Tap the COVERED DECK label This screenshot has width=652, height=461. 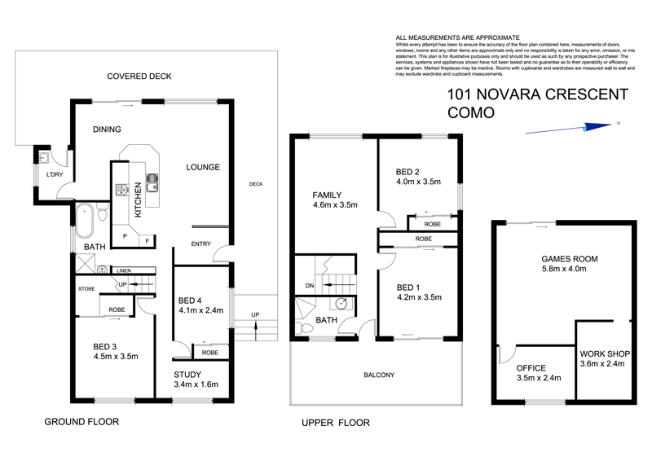click(139, 77)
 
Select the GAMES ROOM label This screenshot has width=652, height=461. click(570, 259)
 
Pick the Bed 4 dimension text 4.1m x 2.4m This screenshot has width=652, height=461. click(200, 310)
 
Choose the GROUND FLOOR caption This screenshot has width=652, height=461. click(81, 422)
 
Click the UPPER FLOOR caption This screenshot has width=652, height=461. click(335, 423)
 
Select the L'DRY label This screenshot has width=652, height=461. click(55, 175)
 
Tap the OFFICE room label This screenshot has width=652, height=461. click(531, 368)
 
